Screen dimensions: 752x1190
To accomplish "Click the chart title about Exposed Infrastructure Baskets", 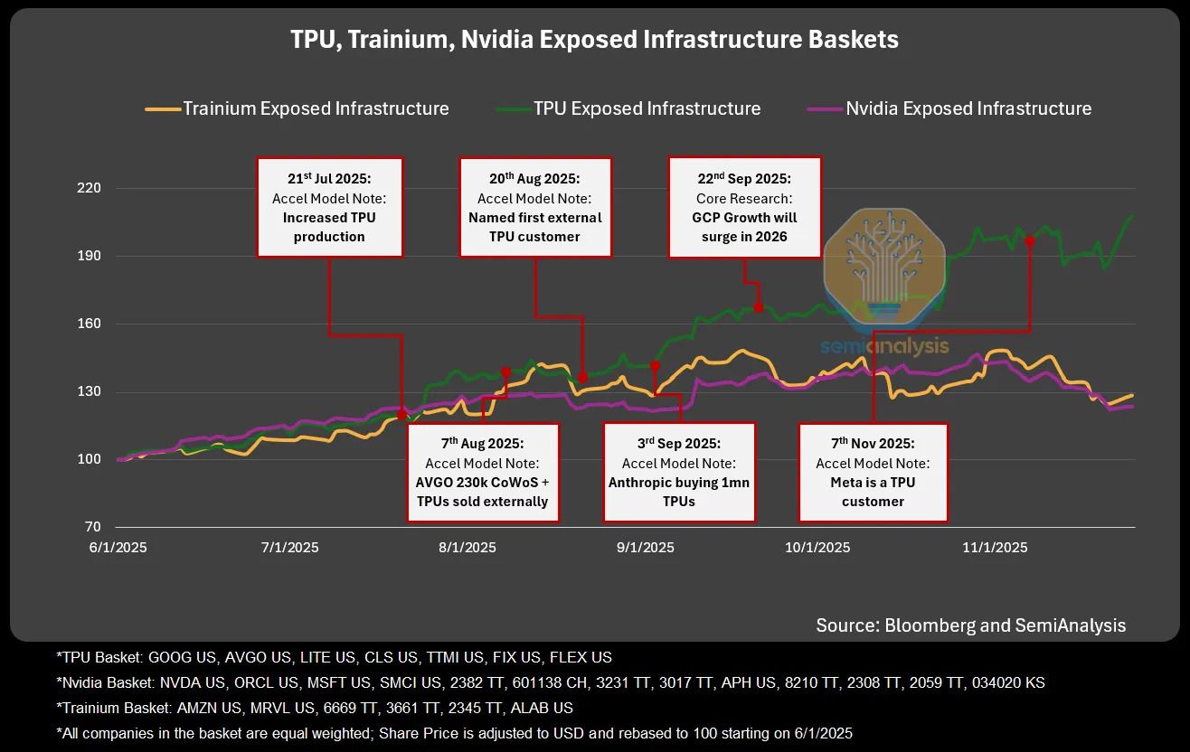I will (x=594, y=40).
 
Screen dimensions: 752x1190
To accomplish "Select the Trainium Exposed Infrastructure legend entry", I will (x=297, y=108).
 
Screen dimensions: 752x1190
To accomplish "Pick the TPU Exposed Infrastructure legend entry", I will (x=629, y=108).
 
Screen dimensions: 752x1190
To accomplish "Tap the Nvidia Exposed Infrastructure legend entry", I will (x=949, y=108).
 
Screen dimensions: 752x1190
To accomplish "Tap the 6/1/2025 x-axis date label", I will (x=118, y=548).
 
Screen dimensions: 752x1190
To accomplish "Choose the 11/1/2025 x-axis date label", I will (x=995, y=548).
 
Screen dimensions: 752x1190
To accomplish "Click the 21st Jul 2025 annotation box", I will (x=329, y=208).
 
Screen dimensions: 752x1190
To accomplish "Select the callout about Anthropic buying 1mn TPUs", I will (x=678, y=472).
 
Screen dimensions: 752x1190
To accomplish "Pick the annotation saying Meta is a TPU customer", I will (x=873, y=472).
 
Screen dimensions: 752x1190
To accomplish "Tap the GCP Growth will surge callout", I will (x=744, y=208).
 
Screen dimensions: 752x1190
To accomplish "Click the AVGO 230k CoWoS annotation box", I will (x=483, y=472).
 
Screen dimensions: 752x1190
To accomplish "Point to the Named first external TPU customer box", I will (x=535, y=208).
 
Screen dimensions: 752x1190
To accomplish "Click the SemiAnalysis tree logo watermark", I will (x=883, y=271).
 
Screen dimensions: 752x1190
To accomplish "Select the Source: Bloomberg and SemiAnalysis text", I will (x=970, y=625).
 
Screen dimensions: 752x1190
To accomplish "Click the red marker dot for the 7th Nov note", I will (x=1030, y=241).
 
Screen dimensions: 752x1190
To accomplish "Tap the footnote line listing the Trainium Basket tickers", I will (x=314, y=708).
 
